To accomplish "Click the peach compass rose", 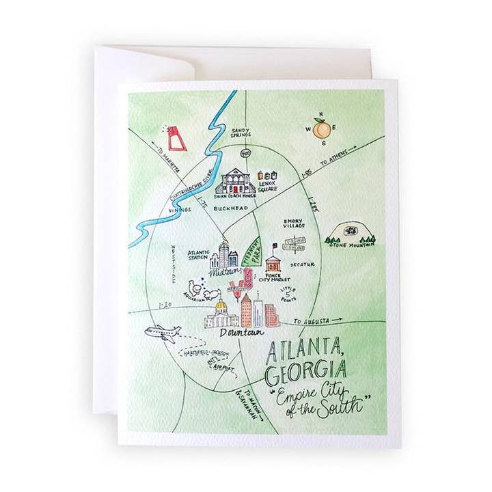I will pyautogui.click(x=320, y=128).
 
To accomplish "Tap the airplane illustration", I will pyautogui.click(x=163, y=333).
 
